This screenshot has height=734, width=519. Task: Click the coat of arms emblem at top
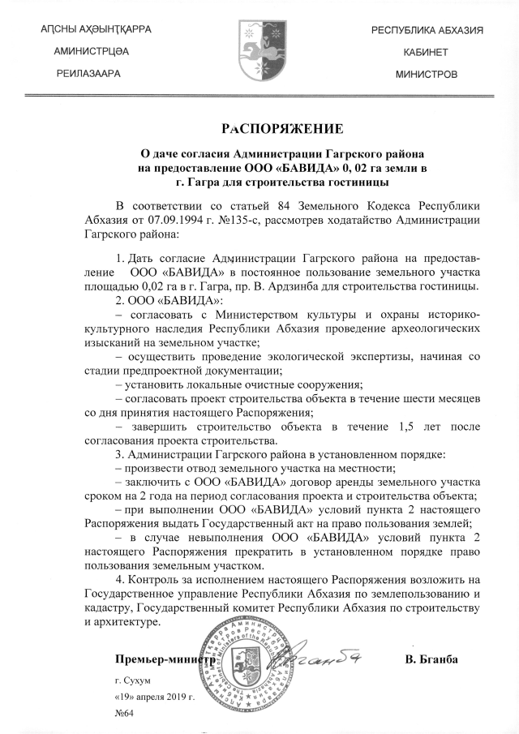[259, 50]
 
